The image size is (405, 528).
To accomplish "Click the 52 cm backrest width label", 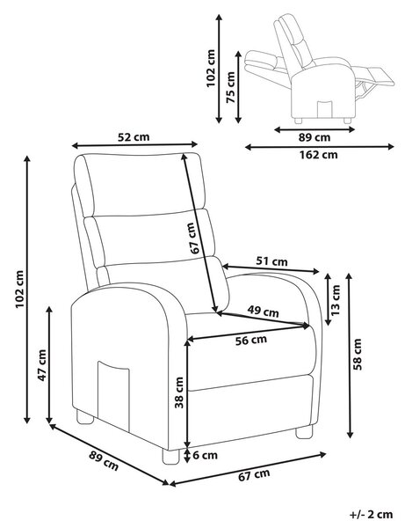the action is pos(134,137).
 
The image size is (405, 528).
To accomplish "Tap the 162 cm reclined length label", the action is pos(318,155).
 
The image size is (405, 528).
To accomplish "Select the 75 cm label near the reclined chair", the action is pos(230,87).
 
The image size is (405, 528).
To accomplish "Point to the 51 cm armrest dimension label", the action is pos(271,261).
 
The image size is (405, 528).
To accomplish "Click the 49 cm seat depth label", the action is pos(263,312).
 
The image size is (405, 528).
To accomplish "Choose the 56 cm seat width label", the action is pos(250,341).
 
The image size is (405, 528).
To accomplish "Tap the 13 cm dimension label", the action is pos(336,300).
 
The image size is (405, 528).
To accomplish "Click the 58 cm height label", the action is pos(358,355).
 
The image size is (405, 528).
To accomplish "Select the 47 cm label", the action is pos(41,365).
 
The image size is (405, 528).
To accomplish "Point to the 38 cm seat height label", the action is pos(179,392).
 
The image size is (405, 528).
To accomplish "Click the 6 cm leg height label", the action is pos(205,455).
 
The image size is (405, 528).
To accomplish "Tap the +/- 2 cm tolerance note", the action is pos(371,515).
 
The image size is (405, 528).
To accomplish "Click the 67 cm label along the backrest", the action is pos(196,238).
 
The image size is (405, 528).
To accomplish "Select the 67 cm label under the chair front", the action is pos(254,475).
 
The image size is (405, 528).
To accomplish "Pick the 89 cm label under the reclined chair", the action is pos(315,137).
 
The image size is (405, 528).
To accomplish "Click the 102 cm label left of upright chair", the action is pos(20,289).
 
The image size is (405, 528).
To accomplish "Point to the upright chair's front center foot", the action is pos(170,456).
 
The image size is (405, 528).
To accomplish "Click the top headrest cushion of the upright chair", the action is pos(140,184).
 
